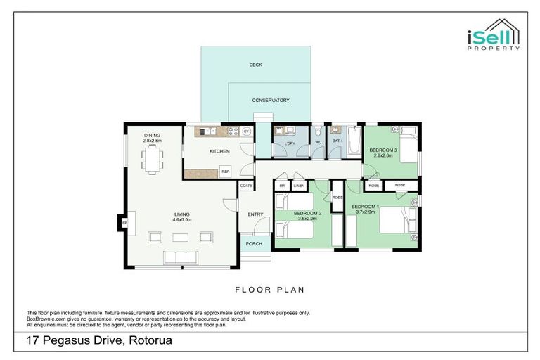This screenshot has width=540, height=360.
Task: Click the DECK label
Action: click(x=255, y=65)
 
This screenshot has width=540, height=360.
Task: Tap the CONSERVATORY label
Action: click(x=271, y=101)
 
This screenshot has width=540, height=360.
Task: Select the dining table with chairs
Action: click(x=152, y=160)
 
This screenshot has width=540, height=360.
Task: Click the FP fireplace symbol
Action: click(x=125, y=223)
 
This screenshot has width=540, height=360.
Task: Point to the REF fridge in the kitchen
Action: click(x=225, y=171)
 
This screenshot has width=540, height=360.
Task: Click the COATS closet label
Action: click(x=245, y=186)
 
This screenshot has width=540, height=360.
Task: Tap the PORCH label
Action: click(x=254, y=244)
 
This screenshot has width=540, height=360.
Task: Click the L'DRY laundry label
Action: click(x=289, y=143)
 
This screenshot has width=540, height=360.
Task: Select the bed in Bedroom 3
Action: click(x=407, y=144)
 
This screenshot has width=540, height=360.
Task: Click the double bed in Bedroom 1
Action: click(x=397, y=224)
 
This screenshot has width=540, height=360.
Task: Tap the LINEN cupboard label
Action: click(x=299, y=186)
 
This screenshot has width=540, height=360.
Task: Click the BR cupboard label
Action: click(x=282, y=186)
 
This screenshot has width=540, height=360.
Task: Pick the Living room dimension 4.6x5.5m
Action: click(x=182, y=219)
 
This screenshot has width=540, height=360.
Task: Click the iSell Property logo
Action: click(x=494, y=34)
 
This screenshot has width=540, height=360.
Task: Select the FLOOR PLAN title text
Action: click(x=269, y=289)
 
